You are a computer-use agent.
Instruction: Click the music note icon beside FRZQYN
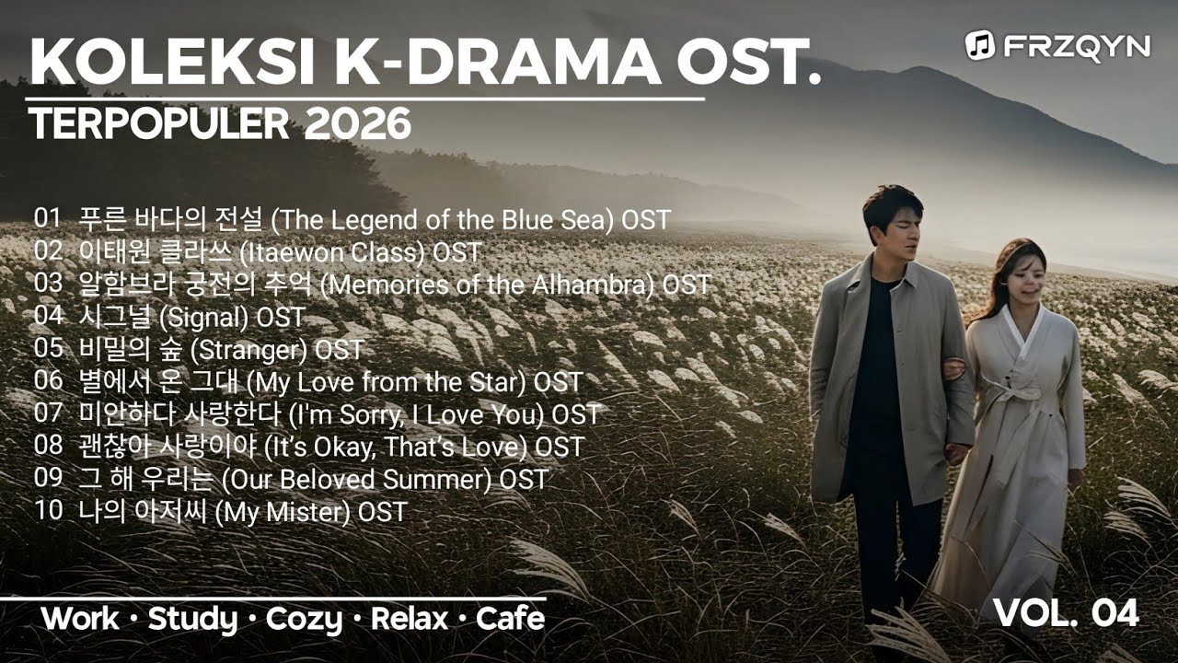(x=978, y=44)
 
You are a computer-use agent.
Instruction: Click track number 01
(x=48, y=218)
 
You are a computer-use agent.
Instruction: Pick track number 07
(x=48, y=413)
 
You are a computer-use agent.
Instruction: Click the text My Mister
(x=283, y=512)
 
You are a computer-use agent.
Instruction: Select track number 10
(x=48, y=511)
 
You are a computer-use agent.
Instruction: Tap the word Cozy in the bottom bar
(x=304, y=619)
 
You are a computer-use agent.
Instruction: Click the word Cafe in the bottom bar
(x=510, y=619)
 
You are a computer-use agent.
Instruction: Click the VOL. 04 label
(x=1066, y=612)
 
